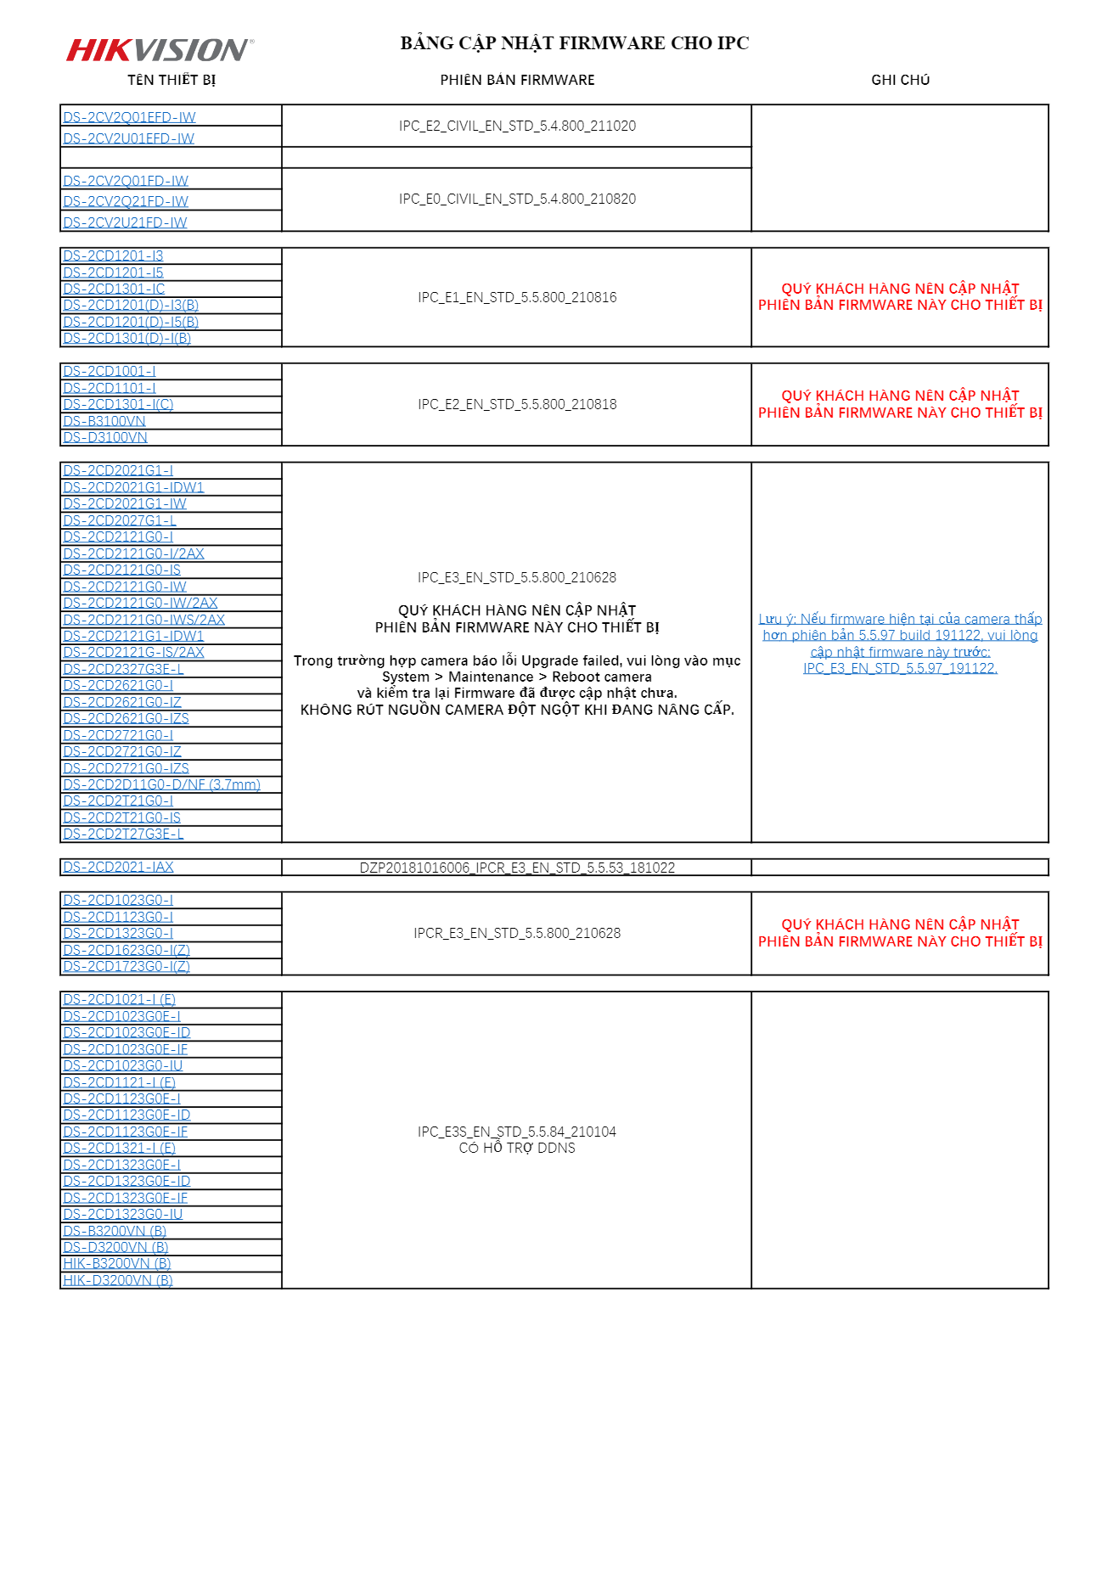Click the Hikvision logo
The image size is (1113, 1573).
click(x=160, y=50)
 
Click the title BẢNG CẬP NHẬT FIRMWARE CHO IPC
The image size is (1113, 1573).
click(x=574, y=43)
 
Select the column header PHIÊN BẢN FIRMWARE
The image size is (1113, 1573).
click(x=517, y=80)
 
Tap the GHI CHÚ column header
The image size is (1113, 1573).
click(x=900, y=80)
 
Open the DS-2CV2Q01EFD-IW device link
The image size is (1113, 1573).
click(x=129, y=117)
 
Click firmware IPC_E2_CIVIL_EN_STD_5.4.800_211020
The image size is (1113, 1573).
click(x=517, y=126)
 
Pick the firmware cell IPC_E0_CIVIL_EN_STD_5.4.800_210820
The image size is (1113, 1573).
click(x=517, y=199)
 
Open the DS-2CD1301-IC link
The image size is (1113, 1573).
click(x=114, y=289)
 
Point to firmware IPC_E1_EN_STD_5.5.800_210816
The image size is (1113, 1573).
click(x=517, y=297)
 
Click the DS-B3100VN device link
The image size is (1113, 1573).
click(x=104, y=421)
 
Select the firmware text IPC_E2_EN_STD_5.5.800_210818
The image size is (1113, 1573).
click(x=517, y=404)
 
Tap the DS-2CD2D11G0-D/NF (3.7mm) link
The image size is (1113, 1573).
click(x=161, y=784)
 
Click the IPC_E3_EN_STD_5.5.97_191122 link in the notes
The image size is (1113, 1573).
click(x=900, y=668)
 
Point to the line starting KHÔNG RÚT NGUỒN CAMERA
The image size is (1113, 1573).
click(x=517, y=710)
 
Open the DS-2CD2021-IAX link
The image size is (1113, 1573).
click(x=118, y=867)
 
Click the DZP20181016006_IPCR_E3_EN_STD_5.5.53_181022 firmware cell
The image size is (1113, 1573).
click(x=517, y=868)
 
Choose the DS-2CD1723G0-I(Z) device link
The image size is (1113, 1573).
click(x=126, y=966)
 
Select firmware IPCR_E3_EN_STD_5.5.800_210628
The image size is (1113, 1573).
click(x=517, y=933)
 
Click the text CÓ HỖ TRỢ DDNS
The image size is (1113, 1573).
click(x=517, y=1148)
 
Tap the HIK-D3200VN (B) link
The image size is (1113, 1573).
click(x=118, y=1280)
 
